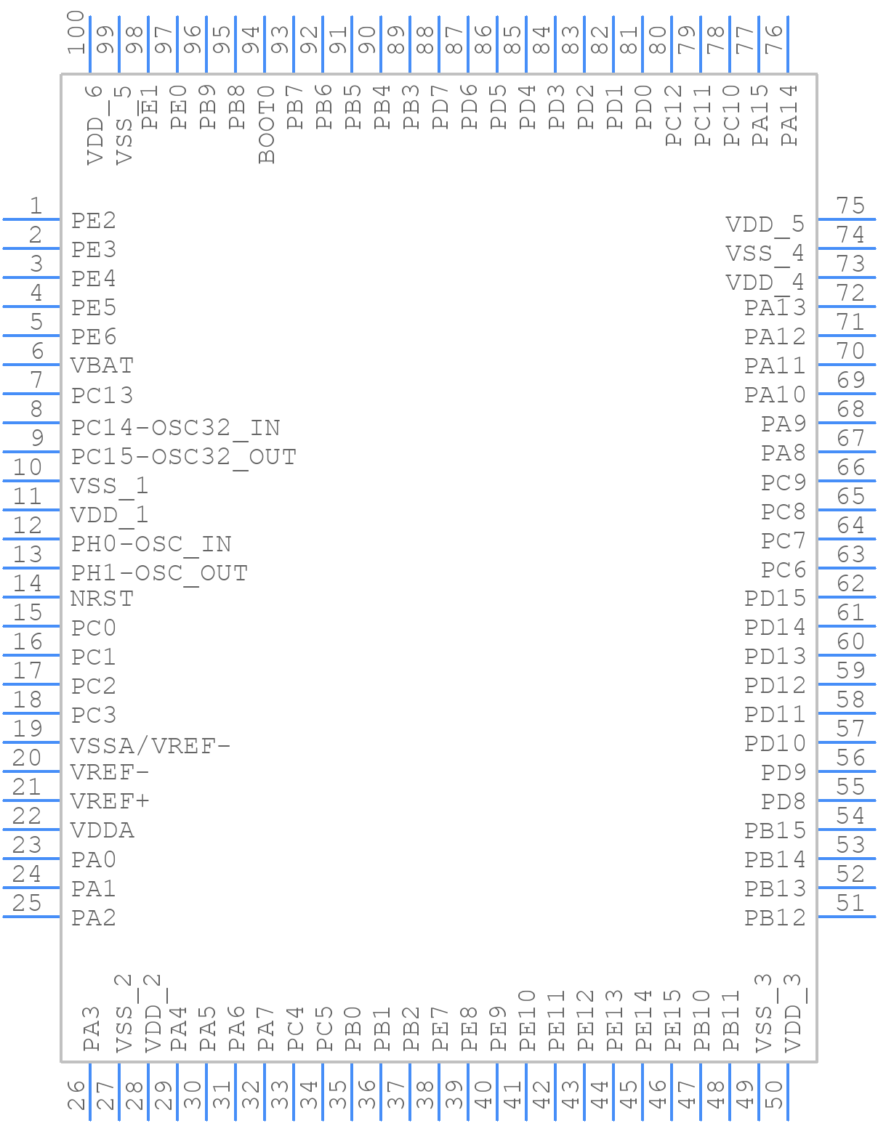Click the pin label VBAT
(102, 365)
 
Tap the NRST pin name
(102, 599)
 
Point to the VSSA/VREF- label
(150, 746)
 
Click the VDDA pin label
(102, 830)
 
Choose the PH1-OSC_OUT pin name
(159, 574)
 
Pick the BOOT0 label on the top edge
(266, 124)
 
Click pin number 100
(76, 32)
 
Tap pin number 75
(850, 205)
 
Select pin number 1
(36, 205)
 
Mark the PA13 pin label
(775, 307)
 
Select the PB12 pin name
(775, 918)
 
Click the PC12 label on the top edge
(673, 115)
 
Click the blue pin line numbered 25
(31, 916)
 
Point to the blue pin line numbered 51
(847, 916)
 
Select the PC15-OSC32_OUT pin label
(184, 458)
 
